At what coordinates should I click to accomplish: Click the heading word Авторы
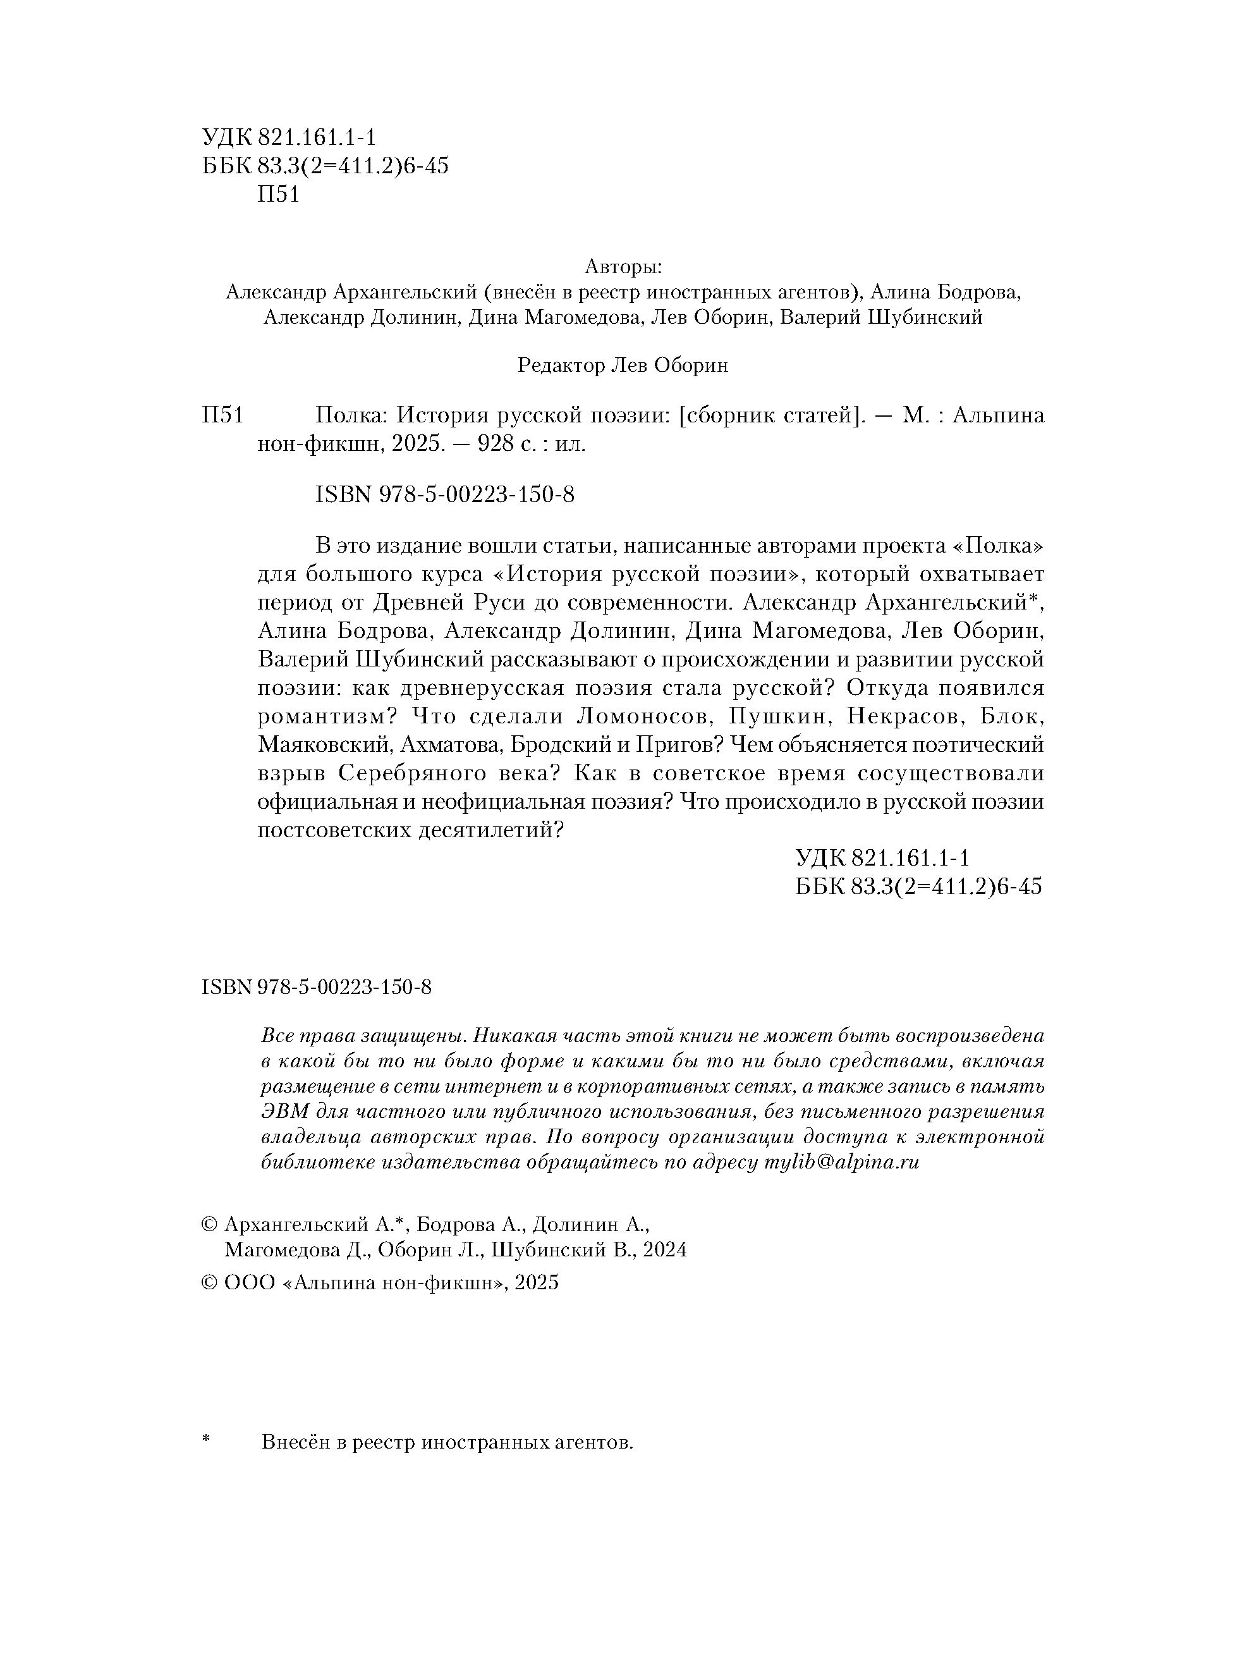click(x=623, y=267)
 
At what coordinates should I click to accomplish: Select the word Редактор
click(x=561, y=366)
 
